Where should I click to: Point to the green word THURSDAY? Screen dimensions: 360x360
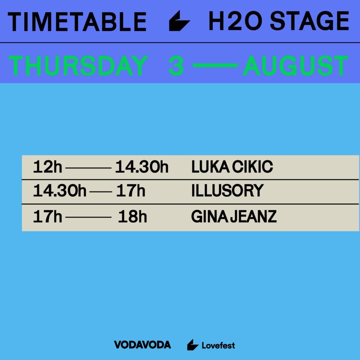pos(78,66)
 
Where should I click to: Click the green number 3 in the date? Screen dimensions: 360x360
pos(176,66)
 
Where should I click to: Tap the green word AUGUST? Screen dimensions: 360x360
pos(295,66)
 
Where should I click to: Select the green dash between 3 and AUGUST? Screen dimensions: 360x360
pos(215,66)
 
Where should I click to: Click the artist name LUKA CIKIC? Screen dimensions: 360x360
pos(232,167)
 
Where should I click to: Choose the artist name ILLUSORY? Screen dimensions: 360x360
pos(227,191)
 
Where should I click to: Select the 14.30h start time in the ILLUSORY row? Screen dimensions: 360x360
pos(60,191)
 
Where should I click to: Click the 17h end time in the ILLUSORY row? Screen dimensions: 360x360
pos(131,191)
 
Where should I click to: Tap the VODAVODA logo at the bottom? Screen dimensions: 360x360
pos(142,345)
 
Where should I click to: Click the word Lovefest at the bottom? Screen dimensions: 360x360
pos(218,345)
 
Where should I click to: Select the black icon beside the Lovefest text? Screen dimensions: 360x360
pos(192,345)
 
